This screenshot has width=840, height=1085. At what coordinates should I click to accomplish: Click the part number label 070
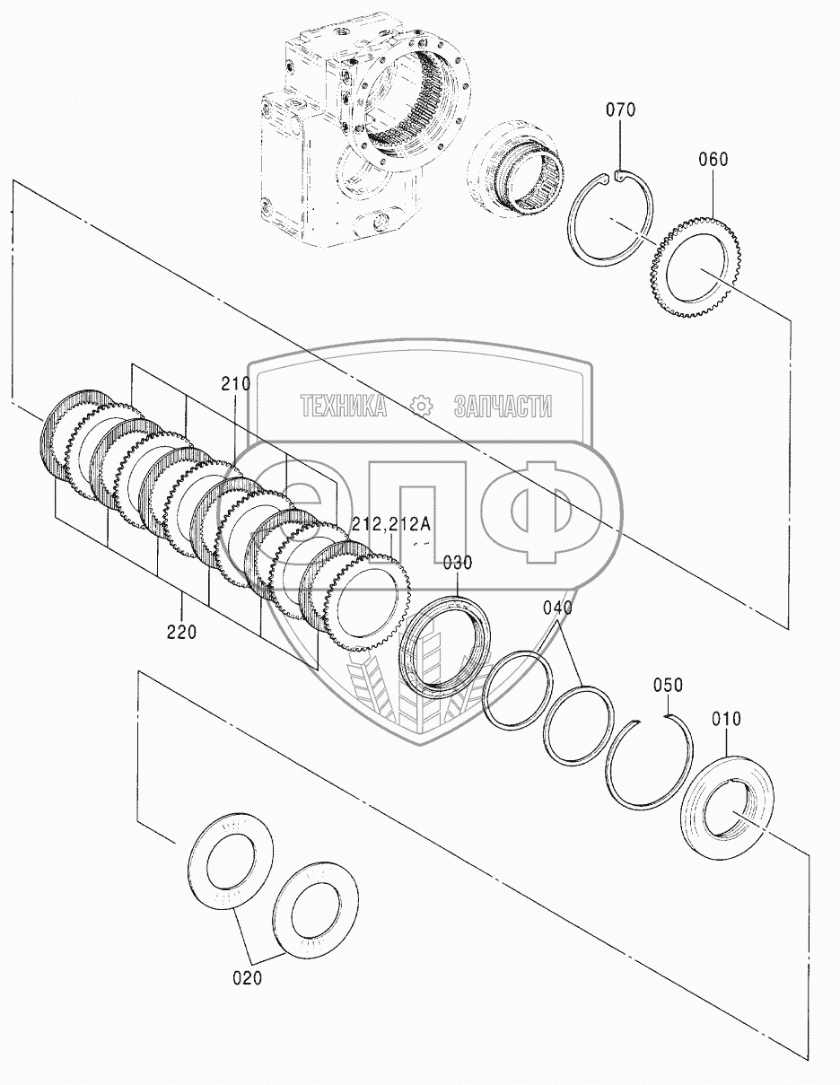pos(621,109)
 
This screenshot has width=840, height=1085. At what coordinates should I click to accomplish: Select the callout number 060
pos(713,160)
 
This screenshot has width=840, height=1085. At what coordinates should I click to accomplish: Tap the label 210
pos(236,384)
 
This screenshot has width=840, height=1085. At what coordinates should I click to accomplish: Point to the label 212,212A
pos(390,524)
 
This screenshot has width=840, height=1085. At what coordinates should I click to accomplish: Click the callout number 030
pos(457,563)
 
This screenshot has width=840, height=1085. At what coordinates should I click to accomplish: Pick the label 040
pos(557,608)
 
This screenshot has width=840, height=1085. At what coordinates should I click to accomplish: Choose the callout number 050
pos(668,685)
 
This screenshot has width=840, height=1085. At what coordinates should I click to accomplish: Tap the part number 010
pos(726,719)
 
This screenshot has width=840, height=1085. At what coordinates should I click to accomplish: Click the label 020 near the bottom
pos(248,977)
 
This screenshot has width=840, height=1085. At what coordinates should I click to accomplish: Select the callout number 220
pos(181,633)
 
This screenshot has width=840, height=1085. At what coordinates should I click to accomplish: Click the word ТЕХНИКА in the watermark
pos(344,406)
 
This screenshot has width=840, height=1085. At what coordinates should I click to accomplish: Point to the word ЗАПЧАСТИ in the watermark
pos(503,406)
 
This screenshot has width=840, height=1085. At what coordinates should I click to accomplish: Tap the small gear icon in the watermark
pos(421,406)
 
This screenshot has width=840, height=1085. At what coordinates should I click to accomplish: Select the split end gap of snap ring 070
pos(612,174)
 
